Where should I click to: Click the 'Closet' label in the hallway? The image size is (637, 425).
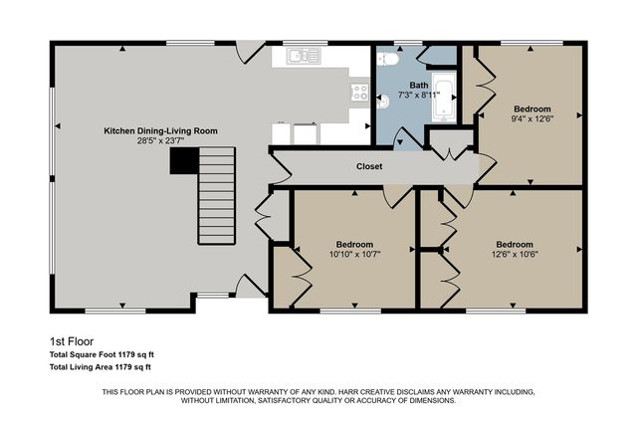369,167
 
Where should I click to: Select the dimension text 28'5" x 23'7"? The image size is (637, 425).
161,141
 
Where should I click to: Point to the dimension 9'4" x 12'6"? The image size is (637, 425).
531,117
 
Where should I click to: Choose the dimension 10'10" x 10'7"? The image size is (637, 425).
353,254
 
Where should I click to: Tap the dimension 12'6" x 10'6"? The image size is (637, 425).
515,254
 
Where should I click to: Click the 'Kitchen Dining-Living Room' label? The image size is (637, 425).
161,130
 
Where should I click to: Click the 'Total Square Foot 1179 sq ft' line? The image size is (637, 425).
102,354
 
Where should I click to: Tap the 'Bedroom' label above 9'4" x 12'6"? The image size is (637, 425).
531,107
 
